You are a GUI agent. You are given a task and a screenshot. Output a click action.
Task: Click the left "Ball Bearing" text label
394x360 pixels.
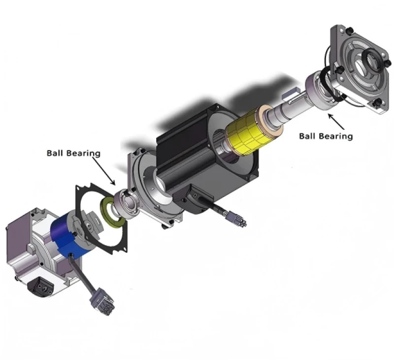[x=73, y=153]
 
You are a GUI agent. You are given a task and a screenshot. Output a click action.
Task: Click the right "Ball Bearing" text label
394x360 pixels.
[x=326, y=136]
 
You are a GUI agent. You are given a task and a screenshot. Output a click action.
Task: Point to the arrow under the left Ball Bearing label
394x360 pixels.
[x=106, y=172]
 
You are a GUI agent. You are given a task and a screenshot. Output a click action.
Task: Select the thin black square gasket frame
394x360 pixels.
[x=98, y=219]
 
